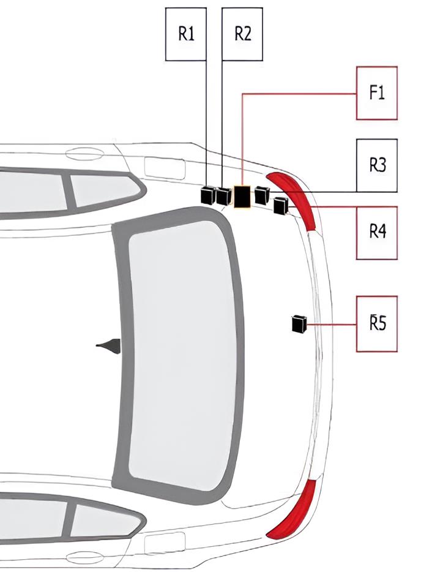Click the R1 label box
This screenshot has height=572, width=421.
tap(186, 34)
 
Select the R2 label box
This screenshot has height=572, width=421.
tap(242, 34)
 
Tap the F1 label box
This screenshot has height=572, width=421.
tap(376, 93)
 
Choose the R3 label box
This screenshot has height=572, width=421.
tap(376, 165)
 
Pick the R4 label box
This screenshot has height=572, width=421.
tap(376, 233)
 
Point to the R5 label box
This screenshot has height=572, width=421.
tap(376, 324)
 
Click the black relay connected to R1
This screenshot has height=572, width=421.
tap(209, 195)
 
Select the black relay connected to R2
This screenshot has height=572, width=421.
tap(223, 196)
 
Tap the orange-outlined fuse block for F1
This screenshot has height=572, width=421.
tap(242, 197)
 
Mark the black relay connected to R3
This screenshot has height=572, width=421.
tap(262, 195)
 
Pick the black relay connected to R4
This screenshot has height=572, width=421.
tap(281, 205)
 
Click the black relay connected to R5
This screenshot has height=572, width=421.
tap(299, 323)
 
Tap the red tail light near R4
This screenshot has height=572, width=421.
tap(294, 199)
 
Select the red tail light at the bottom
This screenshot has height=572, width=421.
tap(294, 510)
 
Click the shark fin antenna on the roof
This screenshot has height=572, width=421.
tap(111, 345)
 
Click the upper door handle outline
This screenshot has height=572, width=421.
tap(84, 153)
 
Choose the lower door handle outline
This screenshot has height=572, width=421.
tap(84, 558)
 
